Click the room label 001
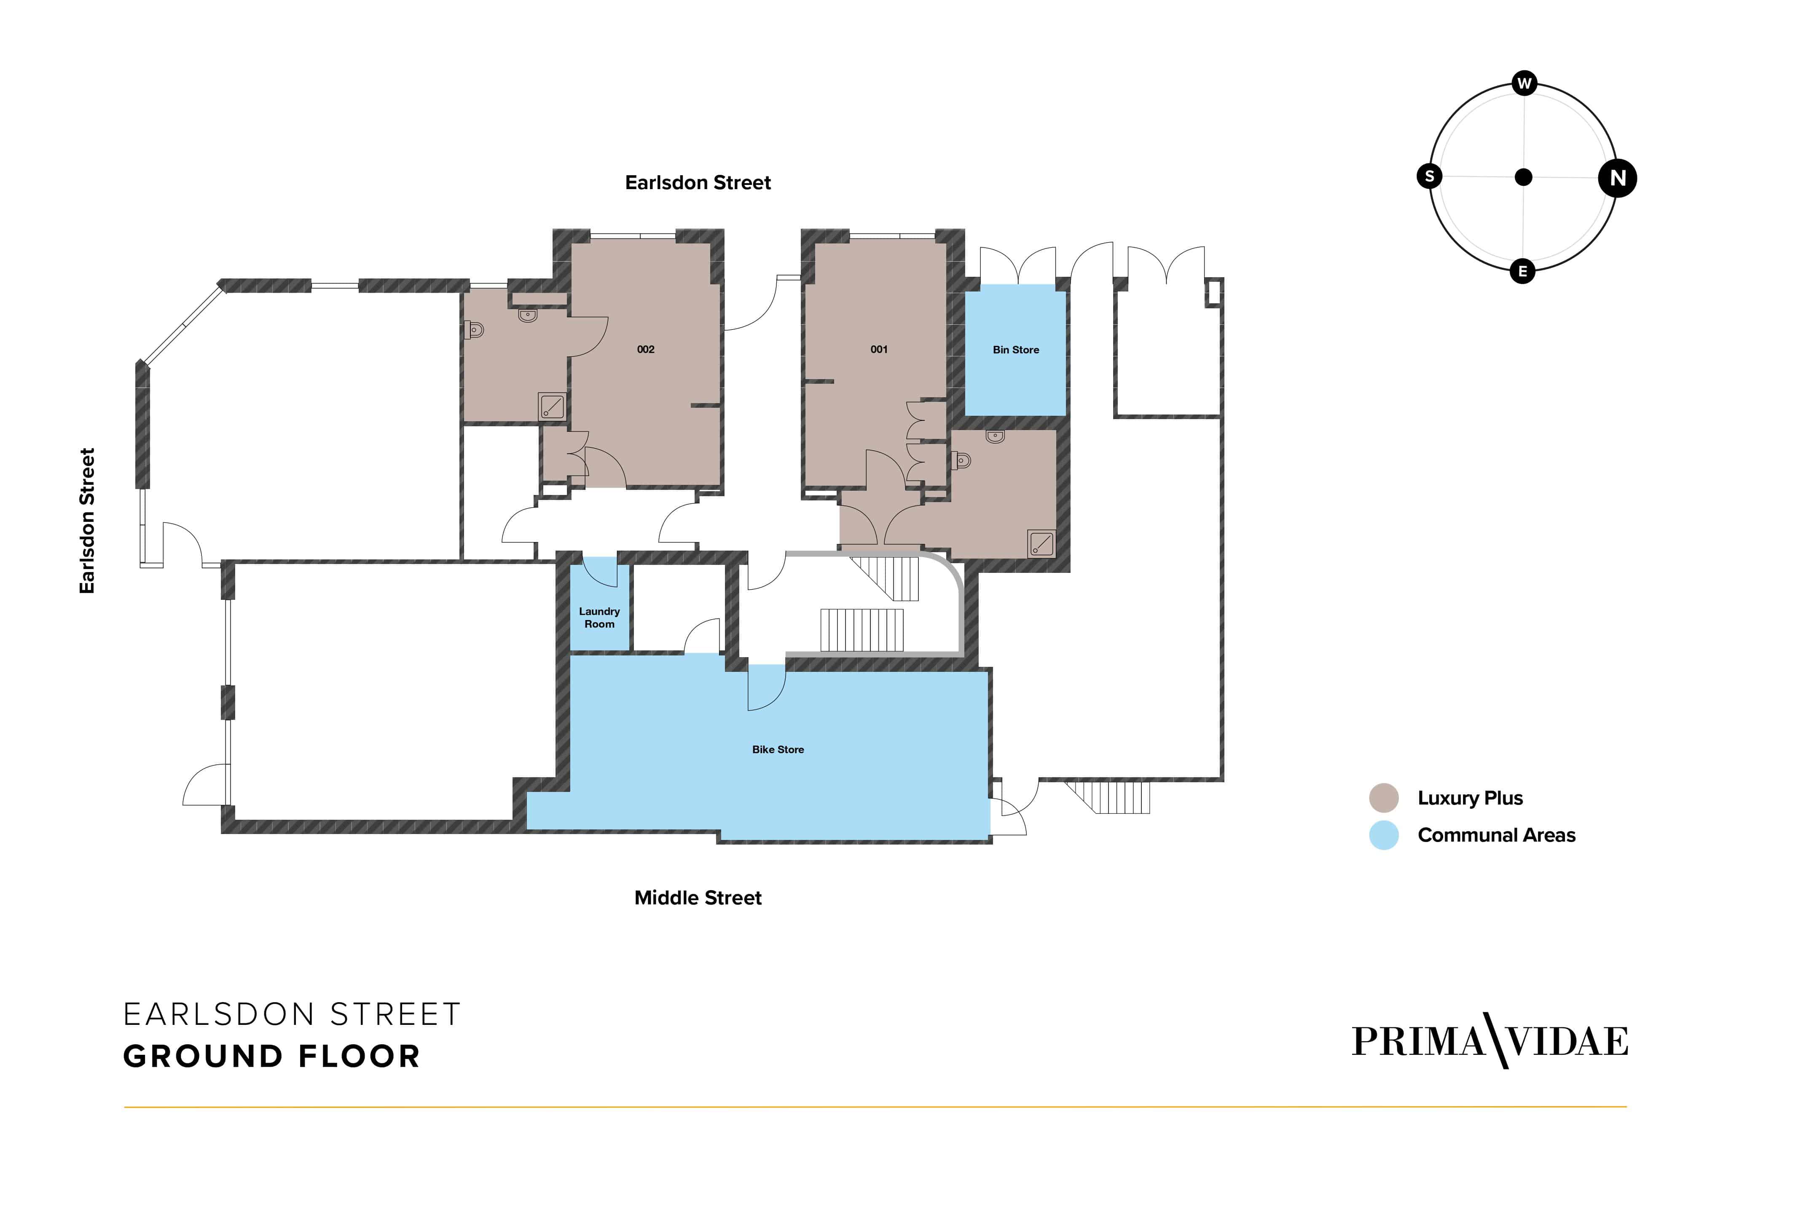[x=879, y=349]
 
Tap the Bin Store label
[x=1016, y=350]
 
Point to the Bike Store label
[x=778, y=749]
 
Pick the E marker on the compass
[x=1522, y=272]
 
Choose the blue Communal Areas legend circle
[x=1383, y=835]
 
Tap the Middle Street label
[x=698, y=898]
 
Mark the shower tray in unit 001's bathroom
[x=1041, y=543]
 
